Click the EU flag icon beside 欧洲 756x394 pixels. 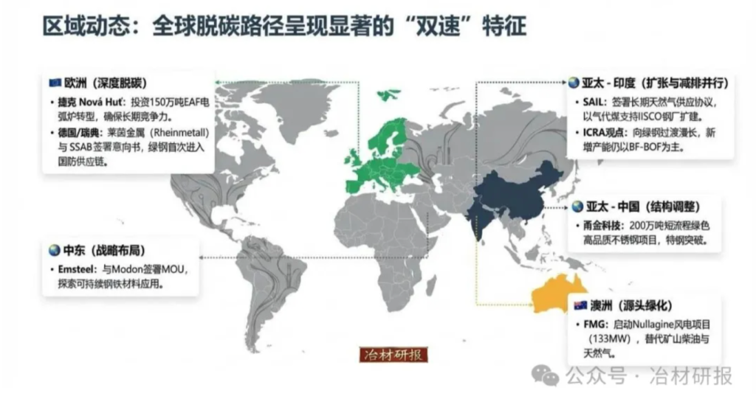pyautogui.click(x=54, y=82)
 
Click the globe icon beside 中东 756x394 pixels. pyautogui.click(x=53, y=249)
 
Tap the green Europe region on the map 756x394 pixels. pyautogui.click(x=384, y=155)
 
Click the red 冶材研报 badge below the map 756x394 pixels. pyautogui.click(x=393, y=355)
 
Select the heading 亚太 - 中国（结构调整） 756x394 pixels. pyautogui.click(x=642, y=206)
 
